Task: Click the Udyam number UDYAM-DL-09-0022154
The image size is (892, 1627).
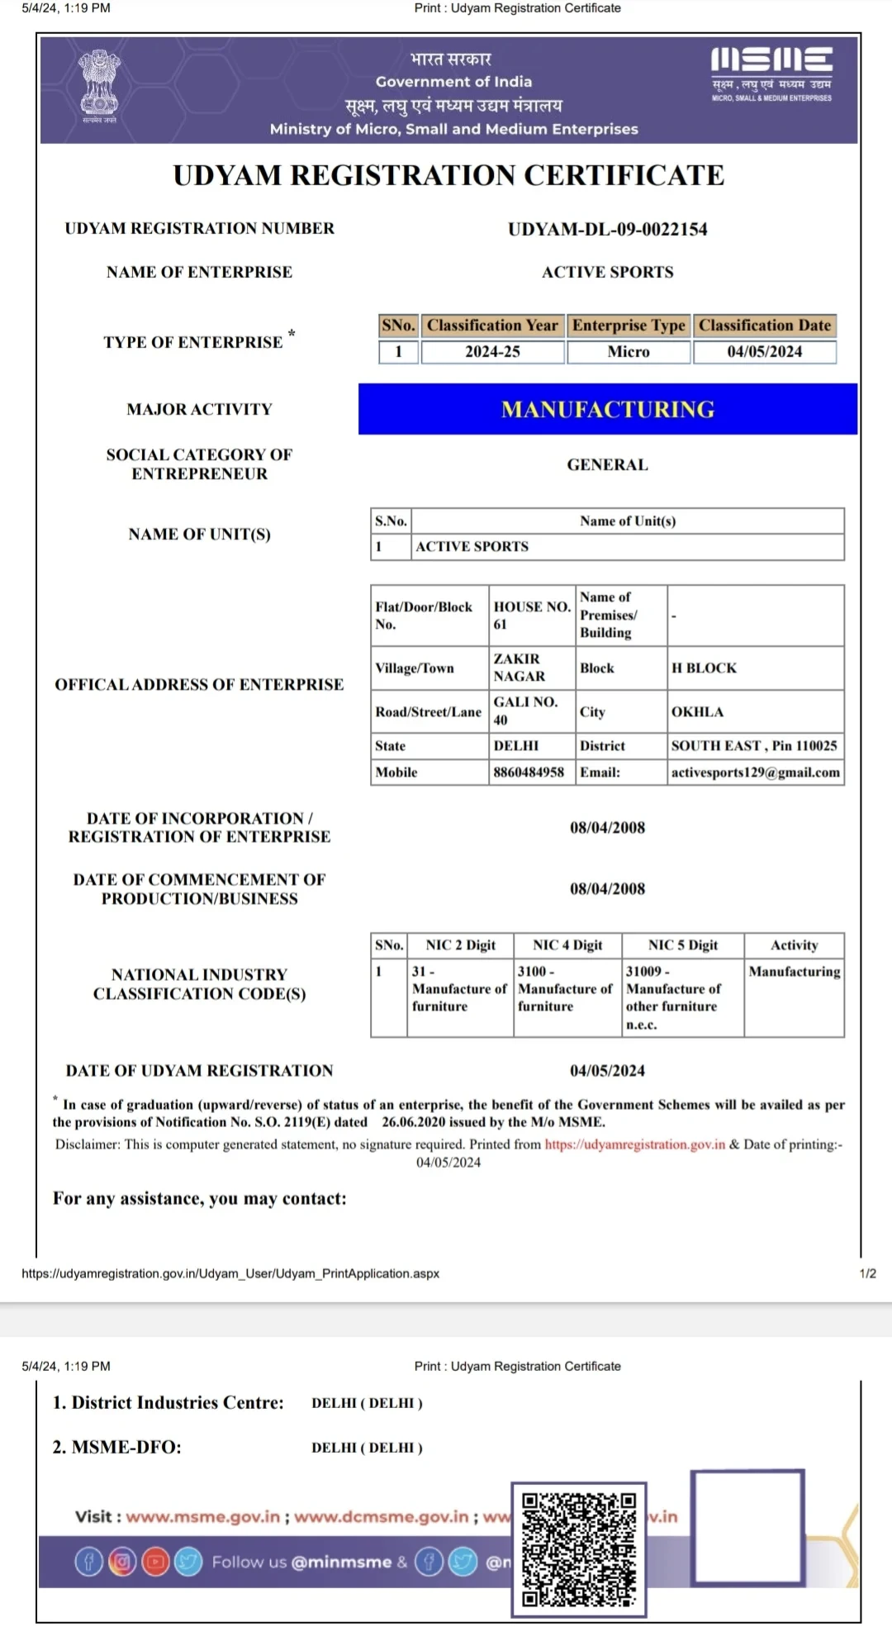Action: [x=607, y=230]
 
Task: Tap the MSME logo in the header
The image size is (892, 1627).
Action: [x=771, y=74]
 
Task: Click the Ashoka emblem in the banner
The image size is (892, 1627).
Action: [x=99, y=84]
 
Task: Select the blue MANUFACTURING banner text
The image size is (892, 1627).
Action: [x=607, y=410]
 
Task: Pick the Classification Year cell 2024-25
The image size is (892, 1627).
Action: [x=492, y=352]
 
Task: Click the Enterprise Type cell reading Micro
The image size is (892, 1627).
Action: [x=629, y=352]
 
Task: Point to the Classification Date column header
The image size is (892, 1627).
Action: [x=764, y=326]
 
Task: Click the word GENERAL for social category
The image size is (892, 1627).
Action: [x=607, y=465]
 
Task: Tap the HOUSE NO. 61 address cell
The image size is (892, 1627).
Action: [x=531, y=616]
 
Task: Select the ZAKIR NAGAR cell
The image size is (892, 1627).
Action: [x=520, y=668]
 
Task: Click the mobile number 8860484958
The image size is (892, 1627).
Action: [x=529, y=773]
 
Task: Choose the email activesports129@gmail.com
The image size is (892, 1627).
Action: [x=755, y=773]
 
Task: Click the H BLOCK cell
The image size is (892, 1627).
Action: [x=704, y=668]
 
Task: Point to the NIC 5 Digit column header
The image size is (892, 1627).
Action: [x=682, y=945]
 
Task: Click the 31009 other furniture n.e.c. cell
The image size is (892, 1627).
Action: [x=672, y=997]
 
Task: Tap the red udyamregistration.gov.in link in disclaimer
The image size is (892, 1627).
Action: [x=634, y=1145]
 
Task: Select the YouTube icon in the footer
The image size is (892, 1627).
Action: [x=155, y=1562]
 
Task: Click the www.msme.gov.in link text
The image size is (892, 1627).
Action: [x=202, y=1517]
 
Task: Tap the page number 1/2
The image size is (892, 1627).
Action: [x=867, y=1273]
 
